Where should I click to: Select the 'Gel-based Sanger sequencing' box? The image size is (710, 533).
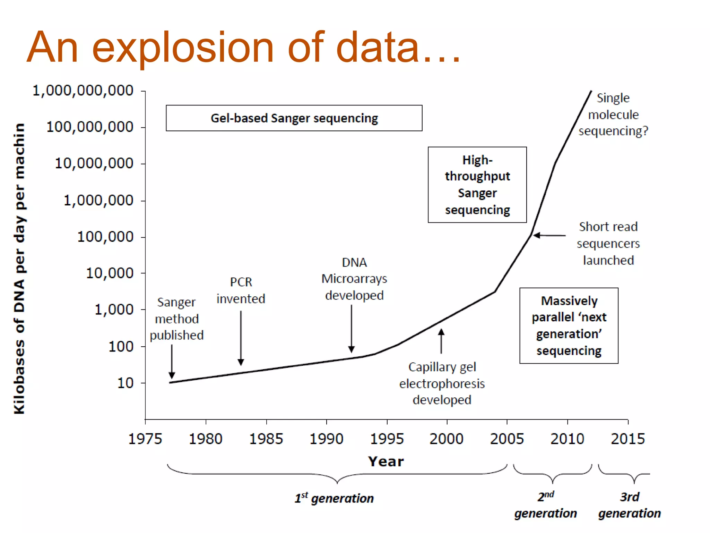click(294, 118)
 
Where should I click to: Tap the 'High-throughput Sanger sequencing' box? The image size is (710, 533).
click(477, 185)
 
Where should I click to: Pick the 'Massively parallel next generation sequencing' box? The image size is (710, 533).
click(569, 325)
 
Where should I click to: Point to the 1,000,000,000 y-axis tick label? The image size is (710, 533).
click(83, 91)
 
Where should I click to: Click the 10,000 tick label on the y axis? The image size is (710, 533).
click(110, 273)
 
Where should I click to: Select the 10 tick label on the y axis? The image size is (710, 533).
click(125, 383)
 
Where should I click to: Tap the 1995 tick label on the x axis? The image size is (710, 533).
click(387, 439)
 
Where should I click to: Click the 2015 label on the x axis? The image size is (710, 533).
click(627, 439)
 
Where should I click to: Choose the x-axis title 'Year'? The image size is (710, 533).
click(386, 462)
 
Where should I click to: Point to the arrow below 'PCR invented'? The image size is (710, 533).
click(241, 338)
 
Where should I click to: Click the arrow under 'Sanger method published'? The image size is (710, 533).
click(172, 362)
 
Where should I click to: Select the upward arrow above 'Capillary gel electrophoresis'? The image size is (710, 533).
click(441, 341)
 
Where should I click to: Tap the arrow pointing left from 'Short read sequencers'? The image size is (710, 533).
click(549, 236)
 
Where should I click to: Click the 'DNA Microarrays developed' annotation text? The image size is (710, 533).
click(354, 279)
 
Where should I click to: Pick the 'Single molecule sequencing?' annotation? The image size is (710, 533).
click(613, 115)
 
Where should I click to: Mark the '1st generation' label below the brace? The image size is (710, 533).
click(334, 498)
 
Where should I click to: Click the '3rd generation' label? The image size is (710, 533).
click(629, 505)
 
